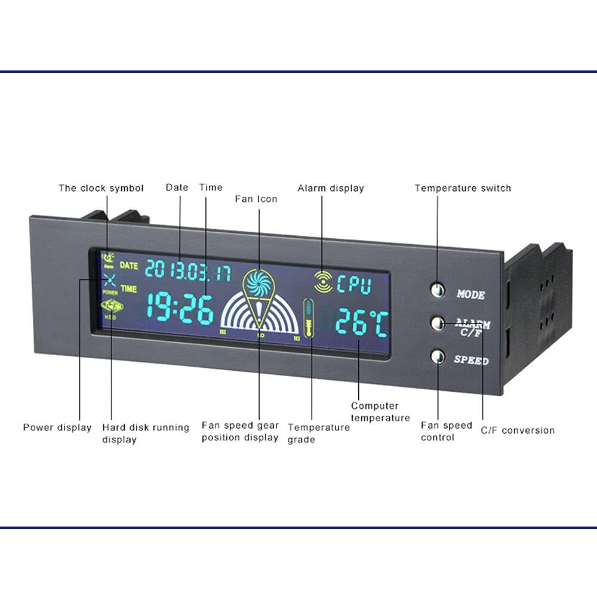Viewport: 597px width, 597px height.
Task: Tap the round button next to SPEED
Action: coord(438,357)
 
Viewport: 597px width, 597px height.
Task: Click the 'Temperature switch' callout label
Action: coord(463,188)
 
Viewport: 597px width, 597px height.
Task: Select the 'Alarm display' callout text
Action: coord(331,188)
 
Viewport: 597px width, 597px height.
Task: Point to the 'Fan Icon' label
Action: coord(256,199)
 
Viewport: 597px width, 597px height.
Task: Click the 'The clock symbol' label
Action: coord(101,188)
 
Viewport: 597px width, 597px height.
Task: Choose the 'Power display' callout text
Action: coord(57,427)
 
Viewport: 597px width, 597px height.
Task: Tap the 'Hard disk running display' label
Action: coord(145,433)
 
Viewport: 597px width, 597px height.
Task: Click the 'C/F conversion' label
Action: coord(518,430)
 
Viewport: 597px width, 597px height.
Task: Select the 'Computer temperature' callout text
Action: coord(380,412)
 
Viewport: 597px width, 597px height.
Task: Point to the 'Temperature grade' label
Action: coord(319,433)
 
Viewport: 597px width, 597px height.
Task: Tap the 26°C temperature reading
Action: coord(361,323)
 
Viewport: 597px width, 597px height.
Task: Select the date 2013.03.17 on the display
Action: coord(188,270)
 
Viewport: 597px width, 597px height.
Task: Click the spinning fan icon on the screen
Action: coord(259,283)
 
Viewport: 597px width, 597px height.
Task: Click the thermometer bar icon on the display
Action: coord(308,318)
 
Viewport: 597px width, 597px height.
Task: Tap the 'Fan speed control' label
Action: coord(446,431)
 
